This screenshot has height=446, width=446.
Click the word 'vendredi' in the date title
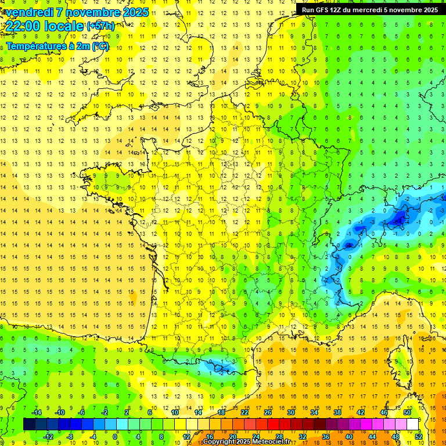(x=31, y=12)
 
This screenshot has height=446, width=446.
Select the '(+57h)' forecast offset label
(x=100, y=26)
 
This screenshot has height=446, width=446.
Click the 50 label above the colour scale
(x=407, y=412)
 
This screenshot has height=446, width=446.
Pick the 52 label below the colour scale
(x=419, y=436)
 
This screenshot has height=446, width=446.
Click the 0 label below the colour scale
(x=115, y=436)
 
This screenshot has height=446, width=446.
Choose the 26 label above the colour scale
(x=268, y=412)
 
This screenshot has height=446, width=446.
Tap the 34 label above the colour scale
(x=314, y=412)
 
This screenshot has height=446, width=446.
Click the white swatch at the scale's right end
(x=413, y=424)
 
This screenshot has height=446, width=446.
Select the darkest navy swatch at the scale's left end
(x=29, y=424)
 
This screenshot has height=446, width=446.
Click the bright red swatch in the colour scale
(x=274, y=424)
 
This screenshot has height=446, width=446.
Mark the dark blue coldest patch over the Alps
(x=400, y=218)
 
